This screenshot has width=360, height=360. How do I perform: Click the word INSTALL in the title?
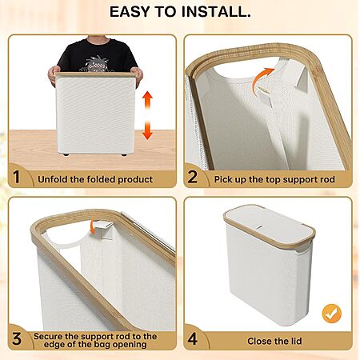(216, 12)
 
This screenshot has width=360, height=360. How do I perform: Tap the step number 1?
(17, 177)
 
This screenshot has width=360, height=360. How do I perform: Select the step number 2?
(192, 177)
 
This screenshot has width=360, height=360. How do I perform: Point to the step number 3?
(17, 338)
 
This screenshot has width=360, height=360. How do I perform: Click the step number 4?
(193, 338)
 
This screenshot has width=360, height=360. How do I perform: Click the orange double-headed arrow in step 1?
(147, 115)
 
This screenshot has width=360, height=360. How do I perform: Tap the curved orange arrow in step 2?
(262, 77)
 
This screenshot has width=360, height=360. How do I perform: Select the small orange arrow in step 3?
(93, 226)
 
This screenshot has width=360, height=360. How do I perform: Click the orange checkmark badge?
(332, 314)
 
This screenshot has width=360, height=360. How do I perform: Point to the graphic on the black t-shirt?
(96, 64)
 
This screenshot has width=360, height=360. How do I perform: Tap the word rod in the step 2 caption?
(328, 179)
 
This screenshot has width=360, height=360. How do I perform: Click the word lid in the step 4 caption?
(296, 341)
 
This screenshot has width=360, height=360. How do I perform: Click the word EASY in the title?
(130, 12)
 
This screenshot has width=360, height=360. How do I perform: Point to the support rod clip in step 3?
(102, 229)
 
